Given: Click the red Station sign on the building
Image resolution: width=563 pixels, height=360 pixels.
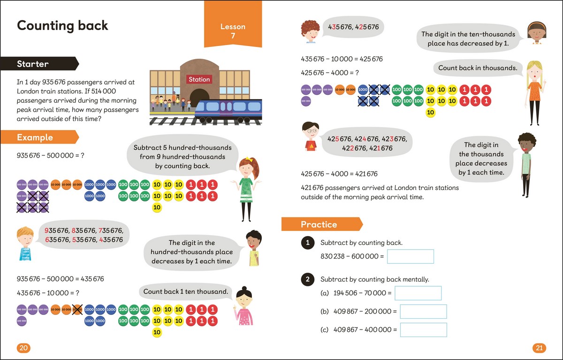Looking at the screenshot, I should pos(199,79).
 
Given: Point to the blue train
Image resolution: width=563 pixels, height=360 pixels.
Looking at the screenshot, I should pos(228,111).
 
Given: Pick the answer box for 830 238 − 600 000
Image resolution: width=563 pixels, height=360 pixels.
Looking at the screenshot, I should pos(411,256).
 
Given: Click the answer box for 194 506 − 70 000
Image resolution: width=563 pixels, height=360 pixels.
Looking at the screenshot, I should pos(418,293).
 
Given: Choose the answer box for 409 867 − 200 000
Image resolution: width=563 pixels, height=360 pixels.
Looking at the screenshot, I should pos(423,312).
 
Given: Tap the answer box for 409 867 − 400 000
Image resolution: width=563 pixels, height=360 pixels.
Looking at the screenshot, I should pos(423,329).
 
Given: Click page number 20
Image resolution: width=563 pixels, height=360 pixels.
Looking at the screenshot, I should pos(23,348).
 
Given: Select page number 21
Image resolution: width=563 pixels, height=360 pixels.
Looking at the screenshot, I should pos(539,348).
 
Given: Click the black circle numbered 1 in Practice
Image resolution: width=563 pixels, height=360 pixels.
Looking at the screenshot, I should pos(307,243).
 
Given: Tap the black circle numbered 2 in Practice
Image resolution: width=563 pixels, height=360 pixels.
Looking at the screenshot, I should pos(307,280).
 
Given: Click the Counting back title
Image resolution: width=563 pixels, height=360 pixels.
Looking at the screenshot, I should pos(62,25).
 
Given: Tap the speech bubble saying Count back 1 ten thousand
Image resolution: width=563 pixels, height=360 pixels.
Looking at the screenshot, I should pos(185,291).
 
